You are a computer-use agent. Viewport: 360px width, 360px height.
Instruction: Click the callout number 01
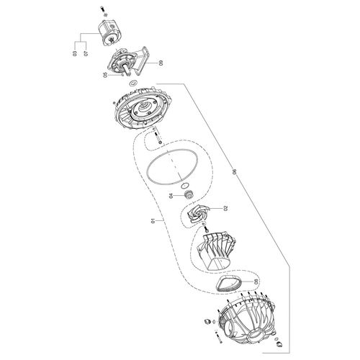(153, 220)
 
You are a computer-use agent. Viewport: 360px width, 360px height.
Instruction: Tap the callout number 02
(225, 208)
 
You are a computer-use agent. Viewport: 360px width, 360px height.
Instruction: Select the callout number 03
(74, 53)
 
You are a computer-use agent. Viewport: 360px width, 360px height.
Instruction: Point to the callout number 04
(171, 196)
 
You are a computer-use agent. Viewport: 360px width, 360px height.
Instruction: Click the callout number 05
(105, 75)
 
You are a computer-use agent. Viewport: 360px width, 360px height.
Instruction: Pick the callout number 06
(234, 171)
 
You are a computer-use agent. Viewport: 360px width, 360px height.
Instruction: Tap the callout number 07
(86, 53)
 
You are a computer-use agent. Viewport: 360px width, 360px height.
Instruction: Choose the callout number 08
(256, 281)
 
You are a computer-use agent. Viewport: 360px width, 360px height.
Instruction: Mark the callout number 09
(161, 63)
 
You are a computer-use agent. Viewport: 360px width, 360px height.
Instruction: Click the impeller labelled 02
(196, 213)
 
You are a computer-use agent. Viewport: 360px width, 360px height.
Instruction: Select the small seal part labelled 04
(189, 194)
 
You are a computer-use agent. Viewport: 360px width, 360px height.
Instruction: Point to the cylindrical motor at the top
(112, 33)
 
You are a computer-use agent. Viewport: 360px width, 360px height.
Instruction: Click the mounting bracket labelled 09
(130, 61)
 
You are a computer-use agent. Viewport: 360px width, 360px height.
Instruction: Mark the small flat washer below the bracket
(132, 84)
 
